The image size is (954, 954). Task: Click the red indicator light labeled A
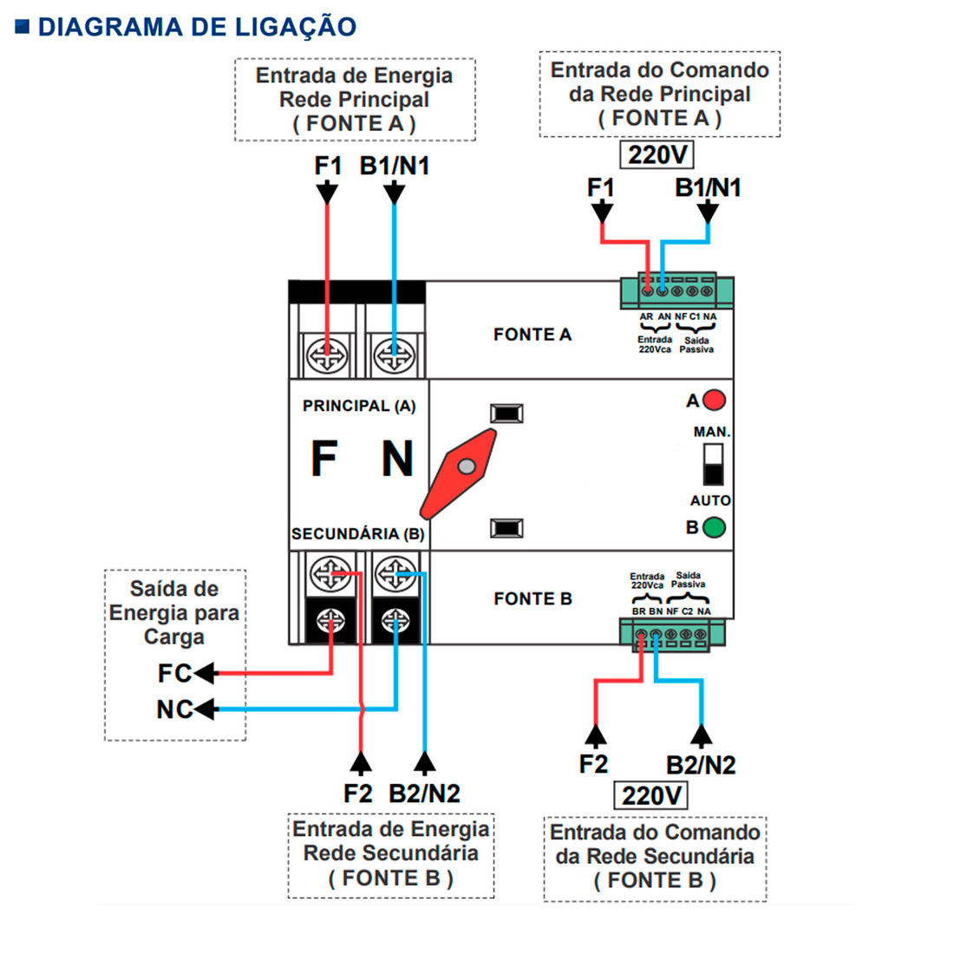[x=714, y=401]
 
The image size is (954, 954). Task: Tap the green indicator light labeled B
[x=714, y=526]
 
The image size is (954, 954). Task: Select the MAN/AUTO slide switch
[x=713, y=465]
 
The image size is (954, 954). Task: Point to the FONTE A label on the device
[x=533, y=335]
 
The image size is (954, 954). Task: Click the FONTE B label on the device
[x=533, y=598]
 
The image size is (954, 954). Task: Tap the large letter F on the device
[x=323, y=459]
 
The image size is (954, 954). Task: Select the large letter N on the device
[x=397, y=459]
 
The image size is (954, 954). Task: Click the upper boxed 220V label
[x=657, y=155]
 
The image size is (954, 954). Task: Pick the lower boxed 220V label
[x=650, y=795]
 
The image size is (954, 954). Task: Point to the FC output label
[x=173, y=673]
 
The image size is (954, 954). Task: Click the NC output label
[x=173, y=709]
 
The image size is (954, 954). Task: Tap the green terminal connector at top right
[x=676, y=291]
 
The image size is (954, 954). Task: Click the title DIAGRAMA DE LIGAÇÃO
[x=197, y=27]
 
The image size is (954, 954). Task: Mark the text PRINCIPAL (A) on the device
[x=359, y=406]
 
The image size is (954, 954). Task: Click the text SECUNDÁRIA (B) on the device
[x=357, y=534]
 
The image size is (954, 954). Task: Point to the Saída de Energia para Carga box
[x=174, y=612]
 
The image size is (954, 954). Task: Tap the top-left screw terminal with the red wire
[x=327, y=355]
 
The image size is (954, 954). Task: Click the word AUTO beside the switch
[x=710, y=500]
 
